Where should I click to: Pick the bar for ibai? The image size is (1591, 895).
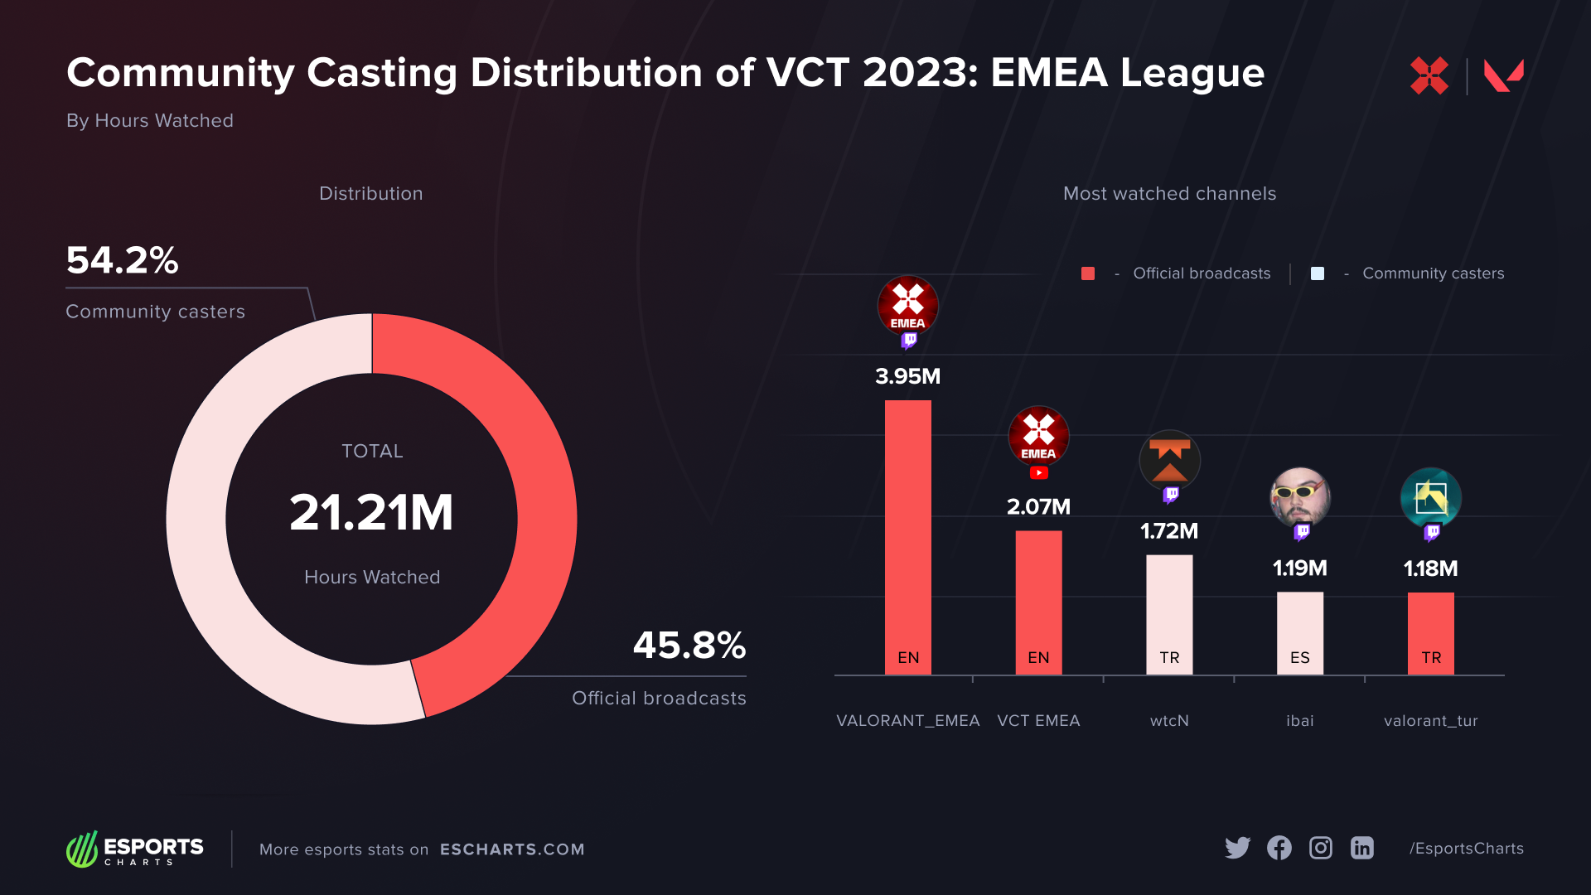[x=1299, y=633]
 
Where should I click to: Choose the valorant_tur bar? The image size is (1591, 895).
[x=1430, y=633]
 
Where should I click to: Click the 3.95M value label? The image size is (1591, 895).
[x=907, y=376]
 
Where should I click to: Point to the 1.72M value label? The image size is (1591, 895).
[x=1169, y=531]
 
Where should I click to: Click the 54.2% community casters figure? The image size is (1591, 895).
[x=122, y=260]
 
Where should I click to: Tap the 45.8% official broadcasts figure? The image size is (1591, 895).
[x=689, y=646]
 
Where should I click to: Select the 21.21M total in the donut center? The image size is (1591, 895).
[x=371, y=512]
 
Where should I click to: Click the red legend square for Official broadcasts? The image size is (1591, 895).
[x=1088, y=273]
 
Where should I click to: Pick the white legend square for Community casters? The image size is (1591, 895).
[x=1318, y=273]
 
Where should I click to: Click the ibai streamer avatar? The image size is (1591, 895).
[x=1299, y=497]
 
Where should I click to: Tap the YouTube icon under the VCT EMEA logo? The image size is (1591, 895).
[x=1038, y=473]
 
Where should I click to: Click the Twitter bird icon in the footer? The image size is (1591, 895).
[x=1237, y=848]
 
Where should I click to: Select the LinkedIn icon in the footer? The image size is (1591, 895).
[x=1362, y=848]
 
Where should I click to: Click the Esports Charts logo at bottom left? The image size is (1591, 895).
[x=135, y=849]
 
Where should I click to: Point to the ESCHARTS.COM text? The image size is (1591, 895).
[x=512, y=849]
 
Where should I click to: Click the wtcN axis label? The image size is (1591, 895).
[x=1169, y=721]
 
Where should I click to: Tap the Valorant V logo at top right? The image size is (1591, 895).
[x=1503, y=75]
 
